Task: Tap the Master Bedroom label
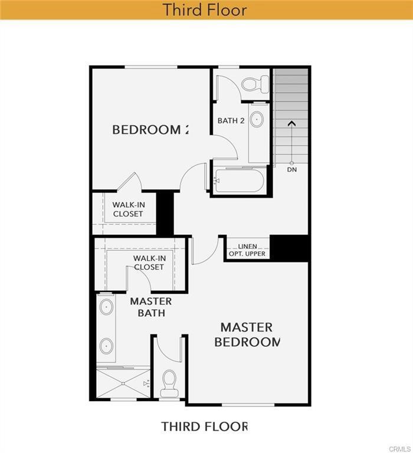pyautogui.click(x=247, y=334)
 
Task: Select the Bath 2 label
pyautogui.click(x=231, y=121)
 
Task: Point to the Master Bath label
pyautogui.click(x=151, y=307)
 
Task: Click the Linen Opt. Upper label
pyautogui.click(x=247, y=250)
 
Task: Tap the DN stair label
pyautogui.click(x=291, y=170)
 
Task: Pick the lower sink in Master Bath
pyautogui.click(x=106, y=345)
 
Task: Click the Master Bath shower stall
pyautogui.click(x=123, y=383)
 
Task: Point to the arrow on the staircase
pyautogui.click(x=291, y=124)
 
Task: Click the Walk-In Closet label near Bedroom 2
pyautogui.click(x=128, y=209)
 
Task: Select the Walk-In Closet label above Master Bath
pyautogui.click(x=149, y=262)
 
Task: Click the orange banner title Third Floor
pyautogui.click(x=205, y=10)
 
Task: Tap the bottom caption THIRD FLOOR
pyautogui.click(x=205, y=426)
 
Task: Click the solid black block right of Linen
pyautogui.click(x=290, y=248)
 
